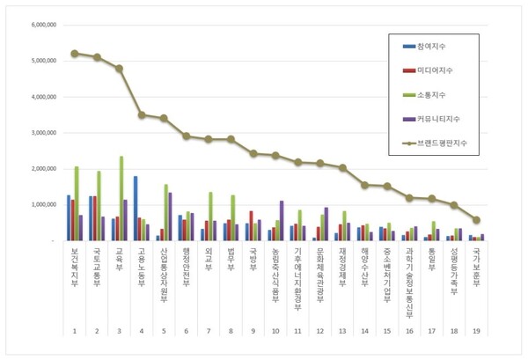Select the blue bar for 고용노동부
pos(136,209)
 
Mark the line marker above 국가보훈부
pos(476,220)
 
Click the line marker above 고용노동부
pos(142,114)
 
